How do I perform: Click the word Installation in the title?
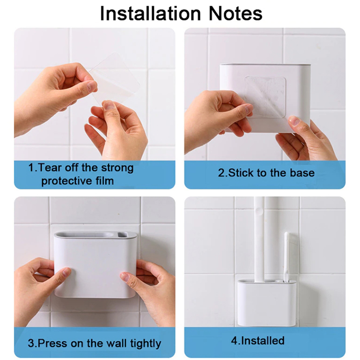pyautogui.click(x=150, y=14)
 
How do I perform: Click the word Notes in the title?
pyautogui.click(x=235, y=14)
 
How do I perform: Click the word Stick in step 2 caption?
pyautogui.click(x=241, y=173)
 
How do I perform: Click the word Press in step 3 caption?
pyautogui.click(x=53, y=343)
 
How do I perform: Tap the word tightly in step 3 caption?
pyautogui.click(x=145, y=344)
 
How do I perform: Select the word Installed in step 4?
pyautogui.click(x=262, y=341)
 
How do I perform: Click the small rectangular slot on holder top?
pyautogui.click(x=122, y=234)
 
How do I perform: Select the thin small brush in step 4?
pyautogui.click(x=286, y=256)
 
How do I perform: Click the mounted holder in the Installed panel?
pyautogui.click(x=265, y=302)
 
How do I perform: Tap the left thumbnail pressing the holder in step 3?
pyautogui.click(x=67, y=273)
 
